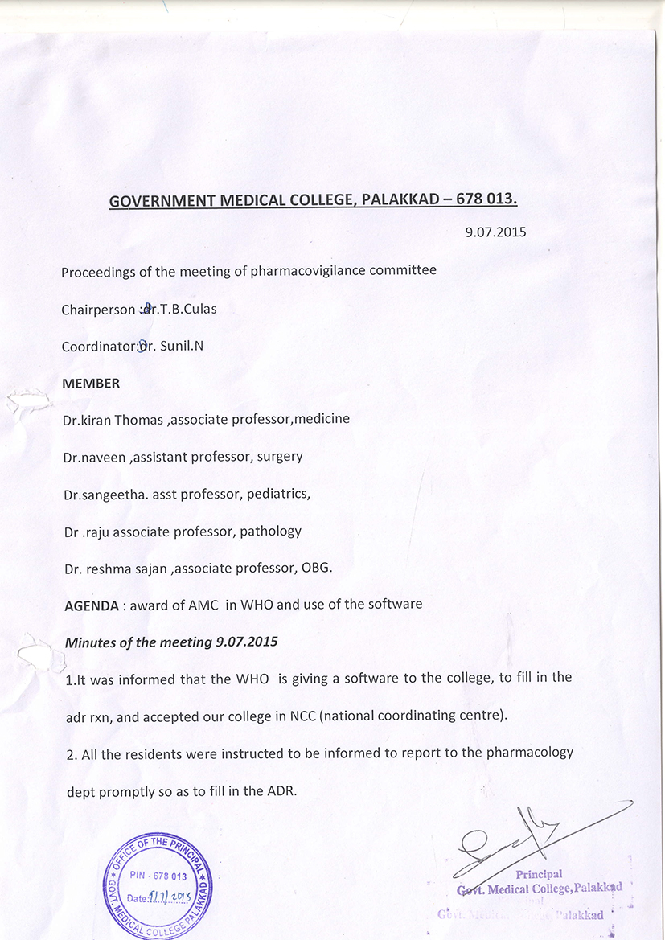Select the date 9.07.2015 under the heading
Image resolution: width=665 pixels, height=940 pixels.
click(495, 232)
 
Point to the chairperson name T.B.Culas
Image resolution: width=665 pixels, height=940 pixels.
click(187, 309)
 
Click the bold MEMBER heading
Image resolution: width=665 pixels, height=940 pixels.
click(91, 384)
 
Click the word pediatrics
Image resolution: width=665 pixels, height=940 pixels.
click(278, 494)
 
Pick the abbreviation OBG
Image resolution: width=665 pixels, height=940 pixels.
click(315, 568)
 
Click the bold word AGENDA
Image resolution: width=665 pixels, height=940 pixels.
click(92, 605)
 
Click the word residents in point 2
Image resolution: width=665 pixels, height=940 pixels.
click(153, 753)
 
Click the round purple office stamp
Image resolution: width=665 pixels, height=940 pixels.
click(158, 885)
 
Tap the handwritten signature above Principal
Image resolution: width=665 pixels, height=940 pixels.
click(515, 840)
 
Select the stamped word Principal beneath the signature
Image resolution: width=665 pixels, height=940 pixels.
click(539, 874)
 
